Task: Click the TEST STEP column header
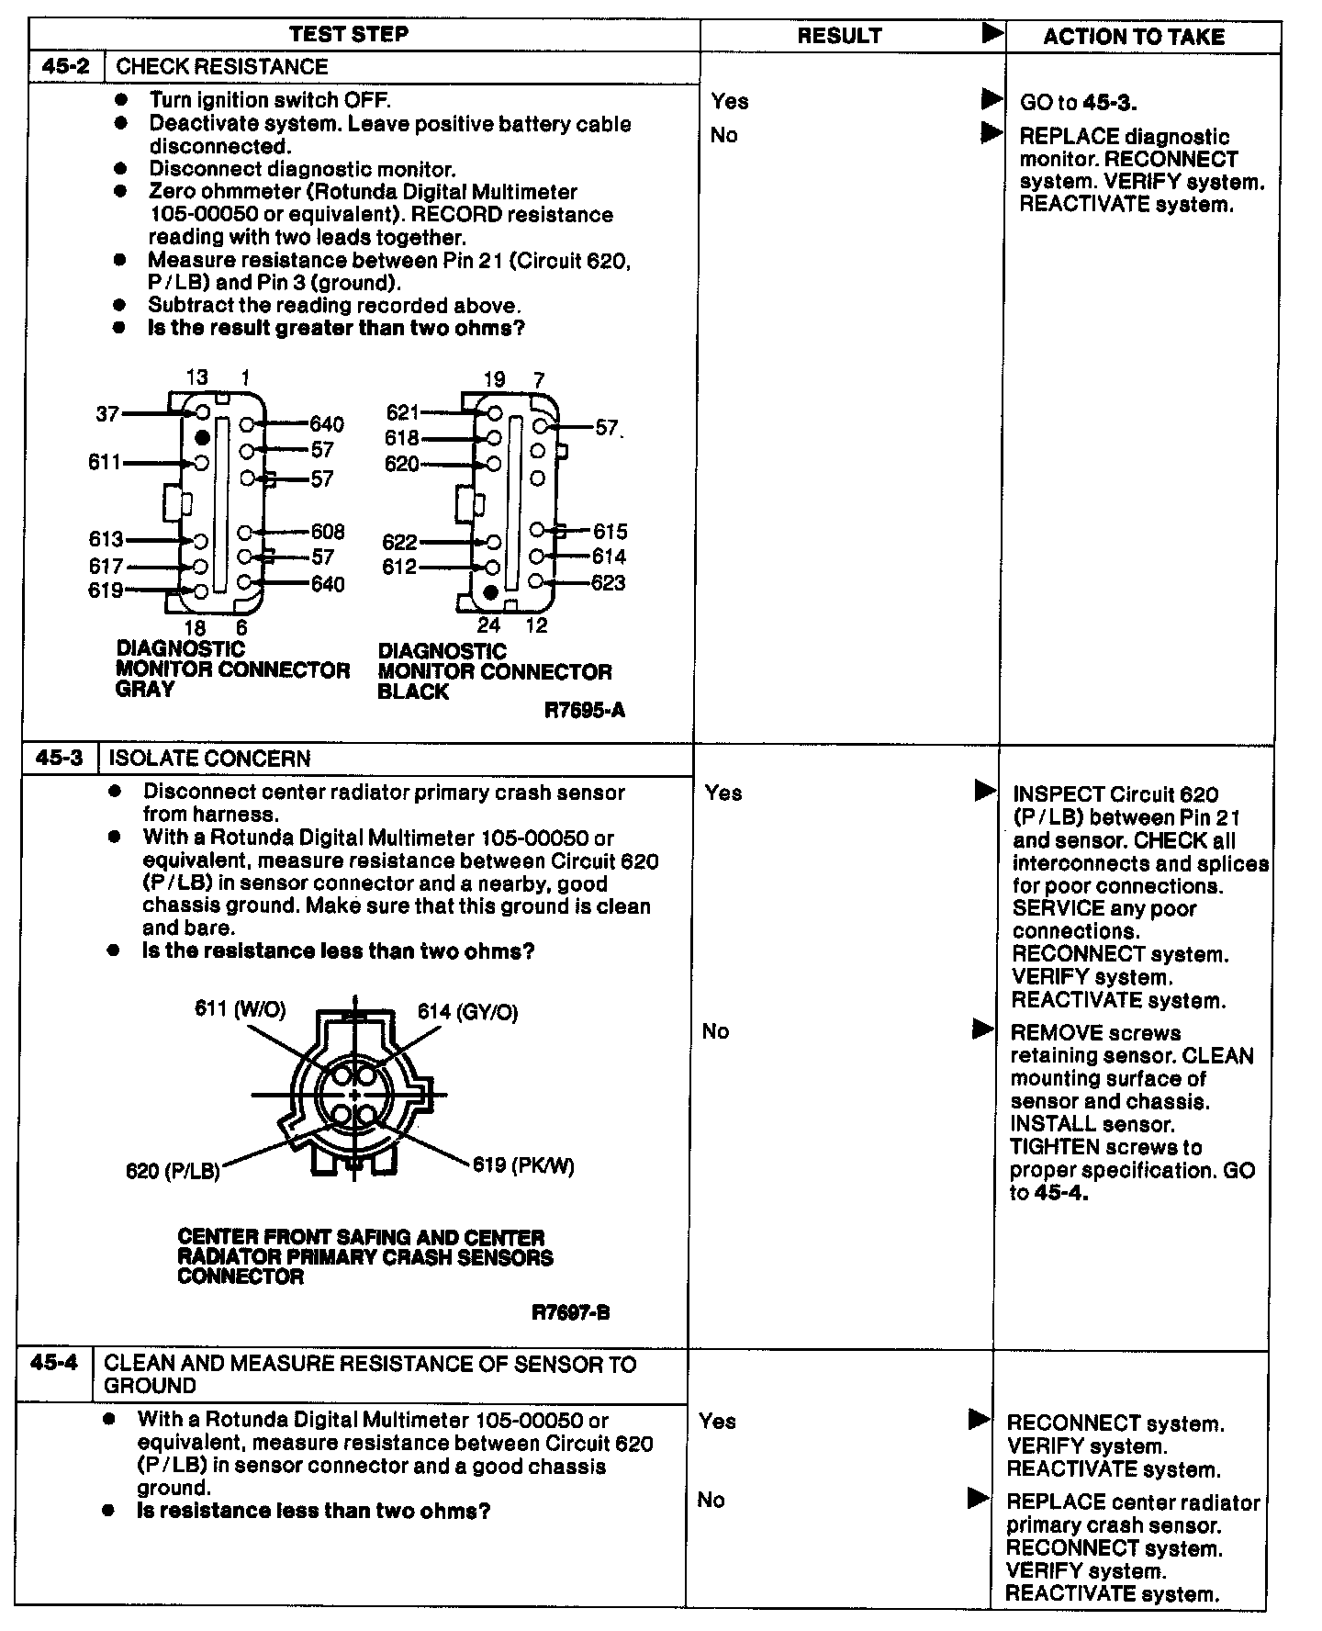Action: [x=349, y=35]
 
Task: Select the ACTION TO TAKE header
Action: [x=1134, y=37]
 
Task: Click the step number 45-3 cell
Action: [x=60, y=758]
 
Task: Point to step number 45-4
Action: [x=55, y=1363]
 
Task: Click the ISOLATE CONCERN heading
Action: [x=209, y=759]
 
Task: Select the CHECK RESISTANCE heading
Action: [x=222, y=67]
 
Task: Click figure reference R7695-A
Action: [x=585, y=710]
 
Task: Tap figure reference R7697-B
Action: [x=571, y=1311]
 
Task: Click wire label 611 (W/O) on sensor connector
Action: [x=240, y=1009]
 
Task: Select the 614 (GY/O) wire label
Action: [x=467, y=1012]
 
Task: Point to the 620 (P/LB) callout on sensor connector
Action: [x=173, y=1171]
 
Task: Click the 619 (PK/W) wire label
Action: [x=523, y=1165]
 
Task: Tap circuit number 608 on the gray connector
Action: [x=328, y=532]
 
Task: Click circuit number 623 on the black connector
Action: [x=608, y=583]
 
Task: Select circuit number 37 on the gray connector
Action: [x=107, y=414]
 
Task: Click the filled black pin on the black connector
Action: [x=490, y=593]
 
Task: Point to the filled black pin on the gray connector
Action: [x=202, y=437]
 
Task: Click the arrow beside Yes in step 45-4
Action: [x=980, y=1420]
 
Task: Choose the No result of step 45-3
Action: [x=715, y=1031]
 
